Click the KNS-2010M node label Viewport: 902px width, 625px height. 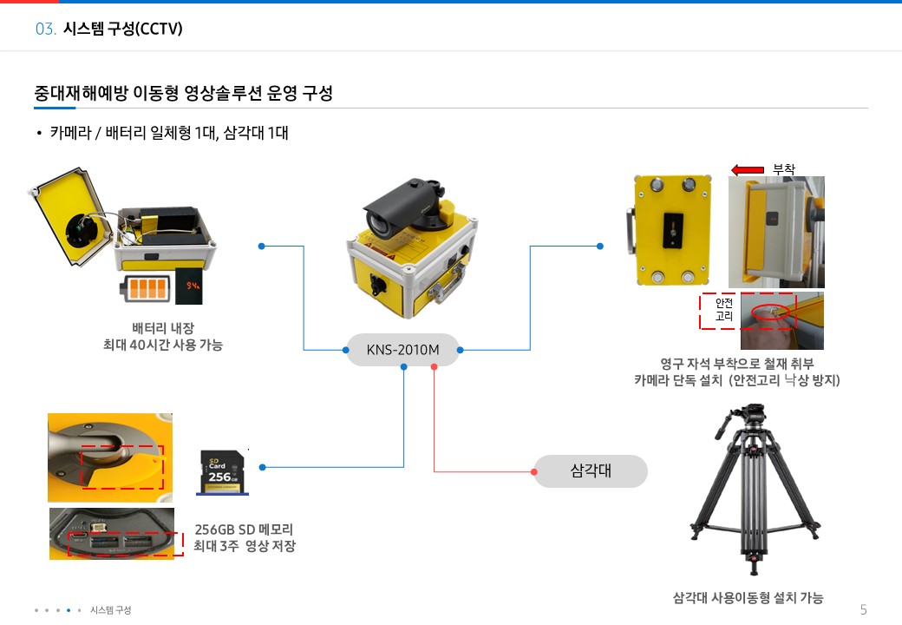tap(403, 351)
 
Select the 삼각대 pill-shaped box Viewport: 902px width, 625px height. tap(591, 471)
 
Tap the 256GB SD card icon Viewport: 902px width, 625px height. tap(222, 472)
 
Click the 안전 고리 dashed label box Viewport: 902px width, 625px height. tap(724, 311)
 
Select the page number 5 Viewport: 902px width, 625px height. tap(863, 609)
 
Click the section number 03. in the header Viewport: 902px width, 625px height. tap(46, 30)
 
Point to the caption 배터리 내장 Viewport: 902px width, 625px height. tap(162, 328)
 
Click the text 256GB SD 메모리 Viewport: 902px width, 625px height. tap(244, 530)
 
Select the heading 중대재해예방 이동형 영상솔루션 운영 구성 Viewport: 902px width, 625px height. tap(183, 94)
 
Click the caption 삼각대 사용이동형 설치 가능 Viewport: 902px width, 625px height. tap(748, 597)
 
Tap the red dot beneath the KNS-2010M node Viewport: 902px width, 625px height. tap(434, 366)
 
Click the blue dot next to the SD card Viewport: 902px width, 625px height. tap(262, 467)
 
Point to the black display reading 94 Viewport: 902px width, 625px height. tap(190, 286)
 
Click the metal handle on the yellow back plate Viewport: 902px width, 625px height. tap(629, 232)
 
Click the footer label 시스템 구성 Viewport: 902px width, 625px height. tap(111, 610)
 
